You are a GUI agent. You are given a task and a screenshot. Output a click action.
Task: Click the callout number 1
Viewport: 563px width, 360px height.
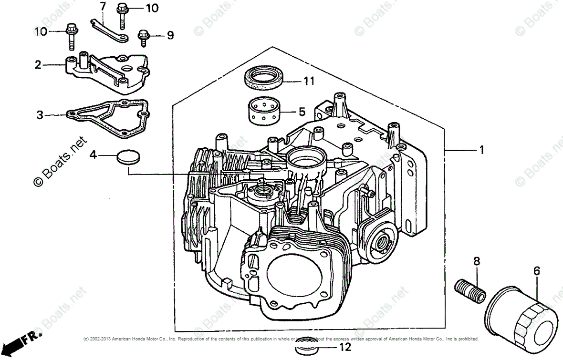tap(481, 150)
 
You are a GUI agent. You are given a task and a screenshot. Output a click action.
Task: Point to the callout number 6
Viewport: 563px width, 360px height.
tap(536, 271)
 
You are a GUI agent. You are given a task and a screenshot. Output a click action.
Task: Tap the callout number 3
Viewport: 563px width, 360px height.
tap(40, 114)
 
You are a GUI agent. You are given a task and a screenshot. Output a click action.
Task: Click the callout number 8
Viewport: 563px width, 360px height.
tap(476, 261)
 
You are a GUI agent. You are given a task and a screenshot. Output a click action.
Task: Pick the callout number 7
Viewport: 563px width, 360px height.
tap(102, 6)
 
